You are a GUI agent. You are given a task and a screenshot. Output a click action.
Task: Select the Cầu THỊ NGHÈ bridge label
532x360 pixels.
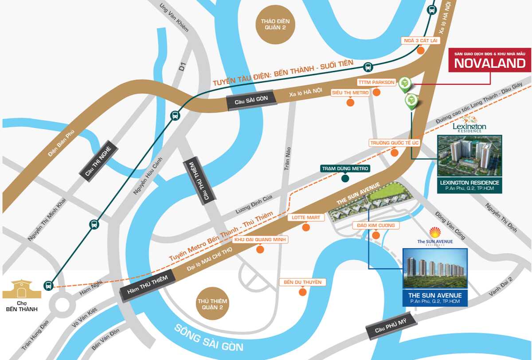99,161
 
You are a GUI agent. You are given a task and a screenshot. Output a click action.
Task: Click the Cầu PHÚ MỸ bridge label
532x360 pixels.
391,326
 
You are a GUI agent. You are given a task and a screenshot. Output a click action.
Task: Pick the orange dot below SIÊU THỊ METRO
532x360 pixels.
350,103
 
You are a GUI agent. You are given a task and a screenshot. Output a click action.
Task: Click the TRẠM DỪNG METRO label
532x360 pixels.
345,168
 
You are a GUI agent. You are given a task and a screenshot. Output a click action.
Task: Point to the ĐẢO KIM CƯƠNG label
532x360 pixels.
376,226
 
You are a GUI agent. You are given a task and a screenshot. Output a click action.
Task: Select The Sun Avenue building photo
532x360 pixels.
434,269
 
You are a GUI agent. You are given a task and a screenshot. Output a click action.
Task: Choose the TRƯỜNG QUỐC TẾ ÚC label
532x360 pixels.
394,143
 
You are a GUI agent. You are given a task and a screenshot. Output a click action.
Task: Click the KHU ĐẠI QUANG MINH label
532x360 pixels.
261,240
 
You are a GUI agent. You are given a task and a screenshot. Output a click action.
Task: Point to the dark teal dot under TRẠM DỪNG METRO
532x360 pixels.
345,178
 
